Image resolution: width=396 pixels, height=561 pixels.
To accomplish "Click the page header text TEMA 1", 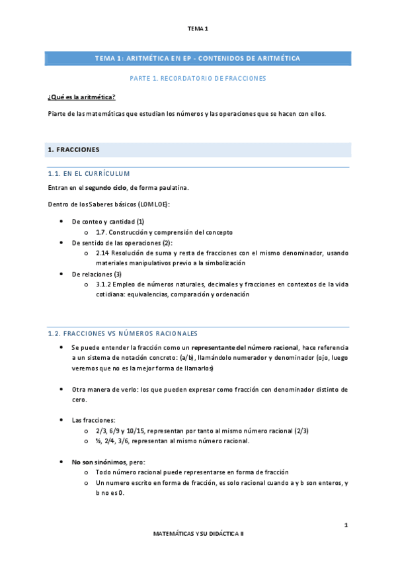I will tap(198, 28).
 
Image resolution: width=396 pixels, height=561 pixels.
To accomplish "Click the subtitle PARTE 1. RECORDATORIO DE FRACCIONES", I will tap(198, 78).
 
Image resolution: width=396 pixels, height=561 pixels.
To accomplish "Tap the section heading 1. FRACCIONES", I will tap(73, 150).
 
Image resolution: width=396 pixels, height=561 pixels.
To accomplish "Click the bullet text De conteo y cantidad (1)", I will tap(108, 222).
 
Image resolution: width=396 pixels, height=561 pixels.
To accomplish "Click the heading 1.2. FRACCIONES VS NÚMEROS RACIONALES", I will tap(122, 333).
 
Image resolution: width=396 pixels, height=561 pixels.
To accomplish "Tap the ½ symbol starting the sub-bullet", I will tap(98, 441).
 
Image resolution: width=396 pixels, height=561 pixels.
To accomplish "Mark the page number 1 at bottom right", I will tap(346, 525).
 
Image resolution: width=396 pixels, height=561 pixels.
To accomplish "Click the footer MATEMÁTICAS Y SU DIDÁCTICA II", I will tap(198, 533).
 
